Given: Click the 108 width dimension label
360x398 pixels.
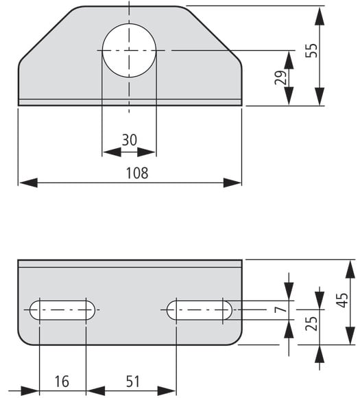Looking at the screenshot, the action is [x=137, y=173].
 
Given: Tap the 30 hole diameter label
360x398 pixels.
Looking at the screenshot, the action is [x=130, y=140].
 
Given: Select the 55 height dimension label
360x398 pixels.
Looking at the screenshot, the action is [x=311, y=51].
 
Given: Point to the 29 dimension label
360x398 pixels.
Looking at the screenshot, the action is [x=280, y=78].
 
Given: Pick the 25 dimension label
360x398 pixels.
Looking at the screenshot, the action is [x=311, y=324].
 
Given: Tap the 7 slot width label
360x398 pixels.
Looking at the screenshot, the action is [x=281, y=309].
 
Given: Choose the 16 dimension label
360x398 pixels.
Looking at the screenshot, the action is [x=62, y=382].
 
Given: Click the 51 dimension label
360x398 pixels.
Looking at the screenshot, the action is [x=132, y=382].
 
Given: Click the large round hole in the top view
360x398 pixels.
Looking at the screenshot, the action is [x=129, y=51].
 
